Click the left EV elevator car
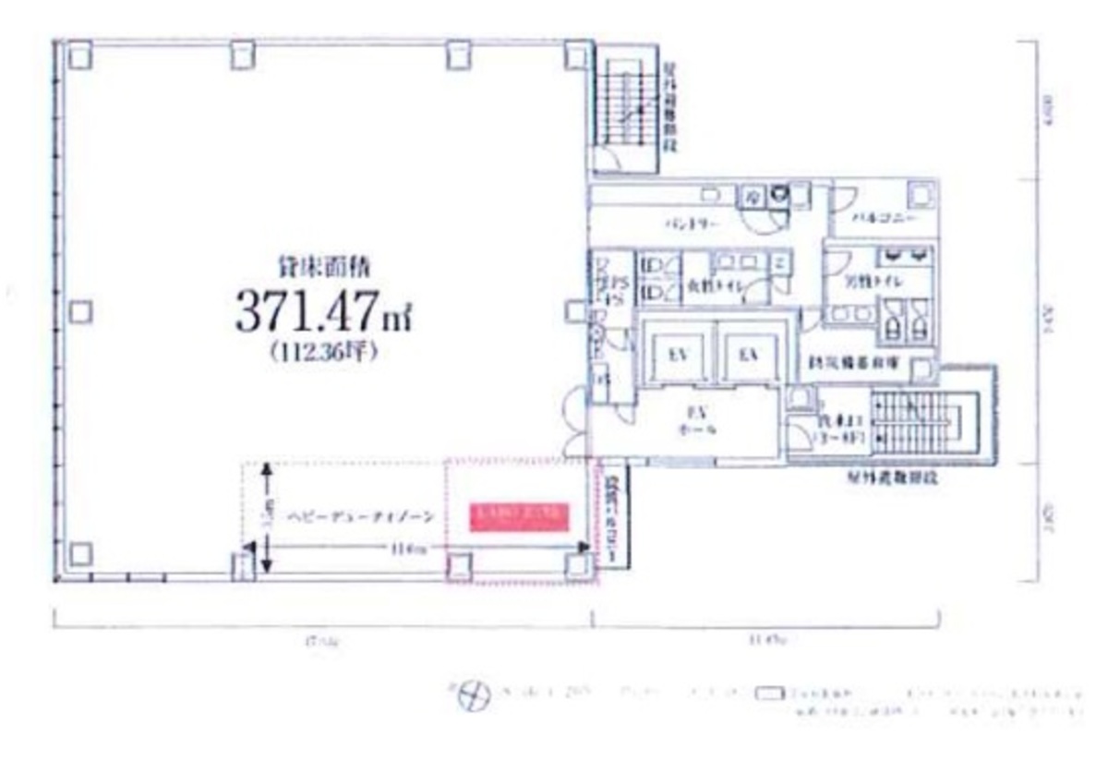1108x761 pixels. tap(680, 354)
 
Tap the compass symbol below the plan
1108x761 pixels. tap(474, 695)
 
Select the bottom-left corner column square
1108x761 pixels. tap(80, 554)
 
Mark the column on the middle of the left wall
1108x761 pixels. tap(80, 312)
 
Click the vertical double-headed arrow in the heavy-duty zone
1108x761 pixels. tap(267, 517)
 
